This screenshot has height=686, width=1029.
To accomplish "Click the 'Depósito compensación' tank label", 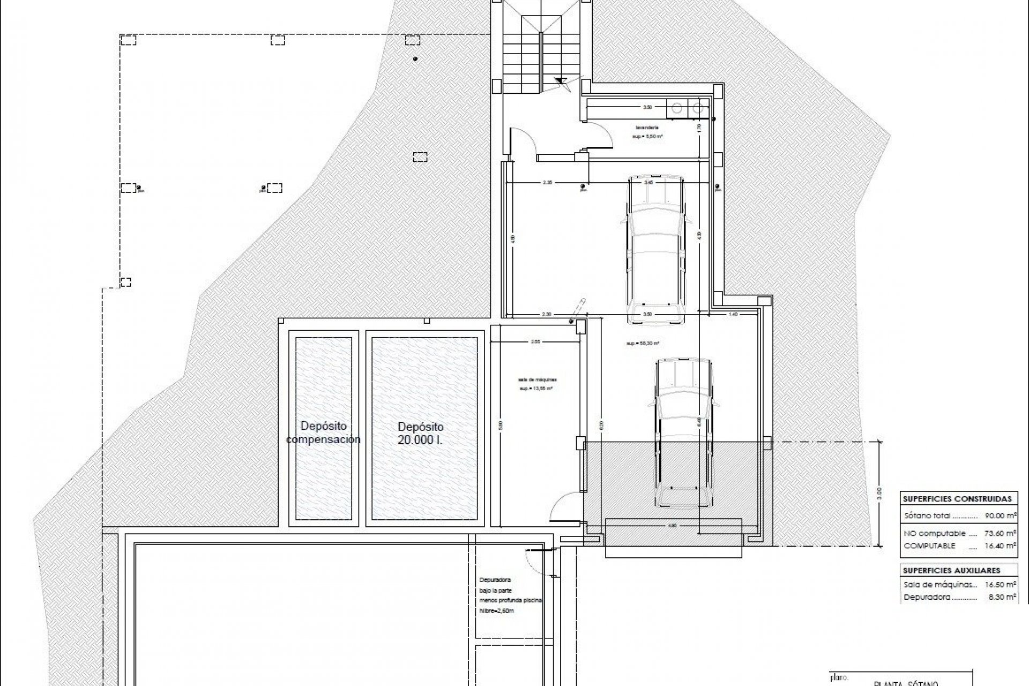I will (323, 433).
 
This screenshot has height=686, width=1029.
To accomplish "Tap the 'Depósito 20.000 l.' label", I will (421, 434).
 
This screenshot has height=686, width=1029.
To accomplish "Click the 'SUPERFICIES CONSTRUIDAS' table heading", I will (957, 498).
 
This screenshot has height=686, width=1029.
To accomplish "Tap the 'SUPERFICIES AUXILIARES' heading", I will (951, 570).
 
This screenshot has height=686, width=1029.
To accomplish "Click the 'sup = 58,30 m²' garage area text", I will (642, 344).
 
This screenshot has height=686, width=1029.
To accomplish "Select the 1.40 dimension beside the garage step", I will (733, 315).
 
